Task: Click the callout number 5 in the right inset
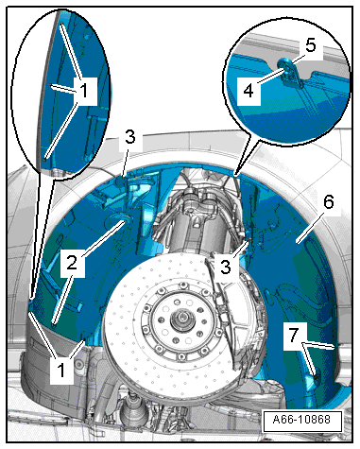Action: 311,45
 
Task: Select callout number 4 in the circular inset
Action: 249,91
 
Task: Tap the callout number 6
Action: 329,202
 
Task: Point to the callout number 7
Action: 293,335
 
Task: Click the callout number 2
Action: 72,263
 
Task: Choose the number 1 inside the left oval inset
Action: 84,92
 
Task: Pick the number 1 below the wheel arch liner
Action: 61,370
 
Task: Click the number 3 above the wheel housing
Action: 129,137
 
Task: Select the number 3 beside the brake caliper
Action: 226,267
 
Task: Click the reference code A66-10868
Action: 301,420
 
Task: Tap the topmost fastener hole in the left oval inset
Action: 61,24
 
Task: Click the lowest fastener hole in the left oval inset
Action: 45,160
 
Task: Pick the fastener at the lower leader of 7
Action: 316,373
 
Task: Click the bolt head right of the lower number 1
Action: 78,364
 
